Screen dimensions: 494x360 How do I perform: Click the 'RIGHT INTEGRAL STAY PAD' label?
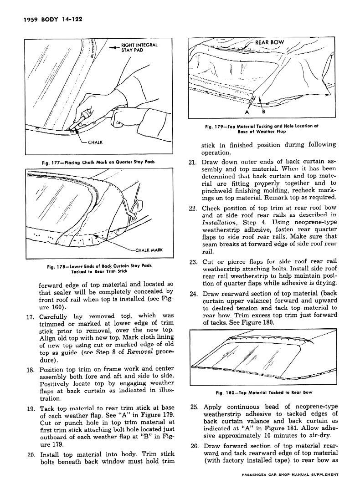(139, 48)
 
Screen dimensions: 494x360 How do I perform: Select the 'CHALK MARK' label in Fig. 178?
(149, 250)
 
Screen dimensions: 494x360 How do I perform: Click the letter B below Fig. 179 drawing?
(263, 112)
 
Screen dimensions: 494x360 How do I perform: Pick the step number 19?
(32, 408)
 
